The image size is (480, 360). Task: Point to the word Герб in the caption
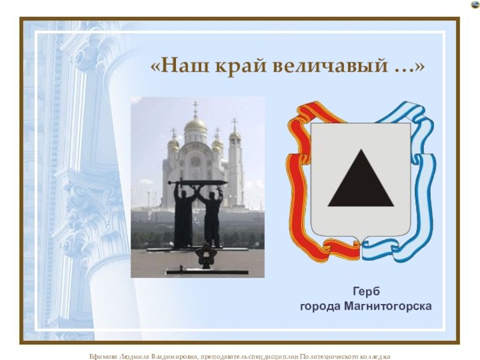(x=366, y=291)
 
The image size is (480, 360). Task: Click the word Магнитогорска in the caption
(x=388, y=306)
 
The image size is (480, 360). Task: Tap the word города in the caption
(x=320, y=307)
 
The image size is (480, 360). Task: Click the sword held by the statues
(x=197, y=183)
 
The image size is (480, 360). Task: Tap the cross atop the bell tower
(x=235, y=124)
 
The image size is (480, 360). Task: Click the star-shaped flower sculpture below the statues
(x=206, y=256)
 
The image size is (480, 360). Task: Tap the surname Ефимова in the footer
(x=103, y=356)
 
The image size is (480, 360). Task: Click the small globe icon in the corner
(x=476, y=5)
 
